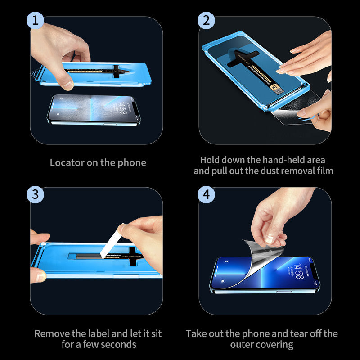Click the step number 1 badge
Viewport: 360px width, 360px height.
coord(36,21)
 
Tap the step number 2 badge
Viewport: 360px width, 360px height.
coord(206,21)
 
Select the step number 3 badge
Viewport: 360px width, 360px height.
coord(36,194)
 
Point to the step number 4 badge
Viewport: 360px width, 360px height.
coord(206,194)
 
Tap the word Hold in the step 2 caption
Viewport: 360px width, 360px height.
coord(210,160)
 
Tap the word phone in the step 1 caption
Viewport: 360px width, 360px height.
coord(132,162)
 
